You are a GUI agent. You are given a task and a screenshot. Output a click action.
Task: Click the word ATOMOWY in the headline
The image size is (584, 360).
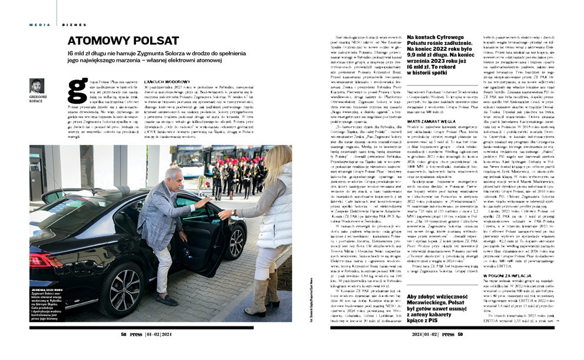click(x=99, y=41)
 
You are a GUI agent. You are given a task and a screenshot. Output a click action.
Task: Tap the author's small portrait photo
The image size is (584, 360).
click(x=36, y=86)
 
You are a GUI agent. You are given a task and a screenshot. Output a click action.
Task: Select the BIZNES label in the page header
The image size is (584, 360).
click(x=74, y=24)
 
